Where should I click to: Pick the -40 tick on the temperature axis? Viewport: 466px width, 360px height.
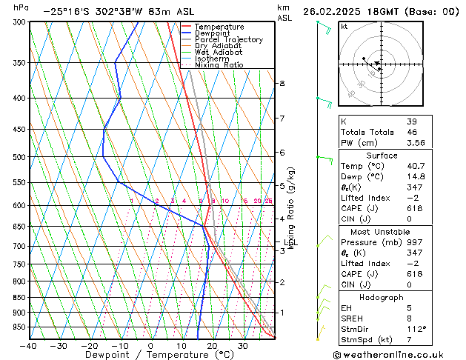point(28,346)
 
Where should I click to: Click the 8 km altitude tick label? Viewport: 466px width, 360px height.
point(282,84)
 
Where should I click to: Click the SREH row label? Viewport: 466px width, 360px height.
point(353,318)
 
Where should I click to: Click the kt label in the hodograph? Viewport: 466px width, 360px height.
point(344,27)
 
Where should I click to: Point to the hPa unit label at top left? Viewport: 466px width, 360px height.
point(21,7)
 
